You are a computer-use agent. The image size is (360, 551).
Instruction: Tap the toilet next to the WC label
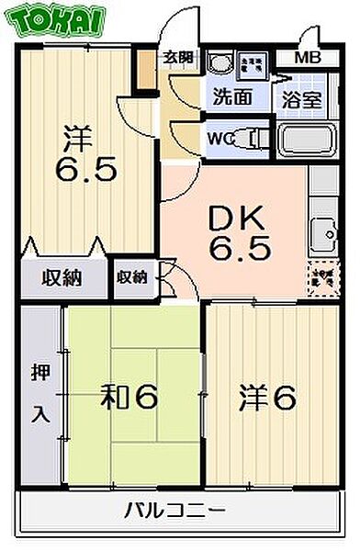[246, 141]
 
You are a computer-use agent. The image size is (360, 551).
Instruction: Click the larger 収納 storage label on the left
[60, 275]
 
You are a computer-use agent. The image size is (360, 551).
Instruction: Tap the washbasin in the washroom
[219, 63]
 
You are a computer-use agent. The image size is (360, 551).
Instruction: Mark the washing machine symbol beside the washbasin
[249, 64]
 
